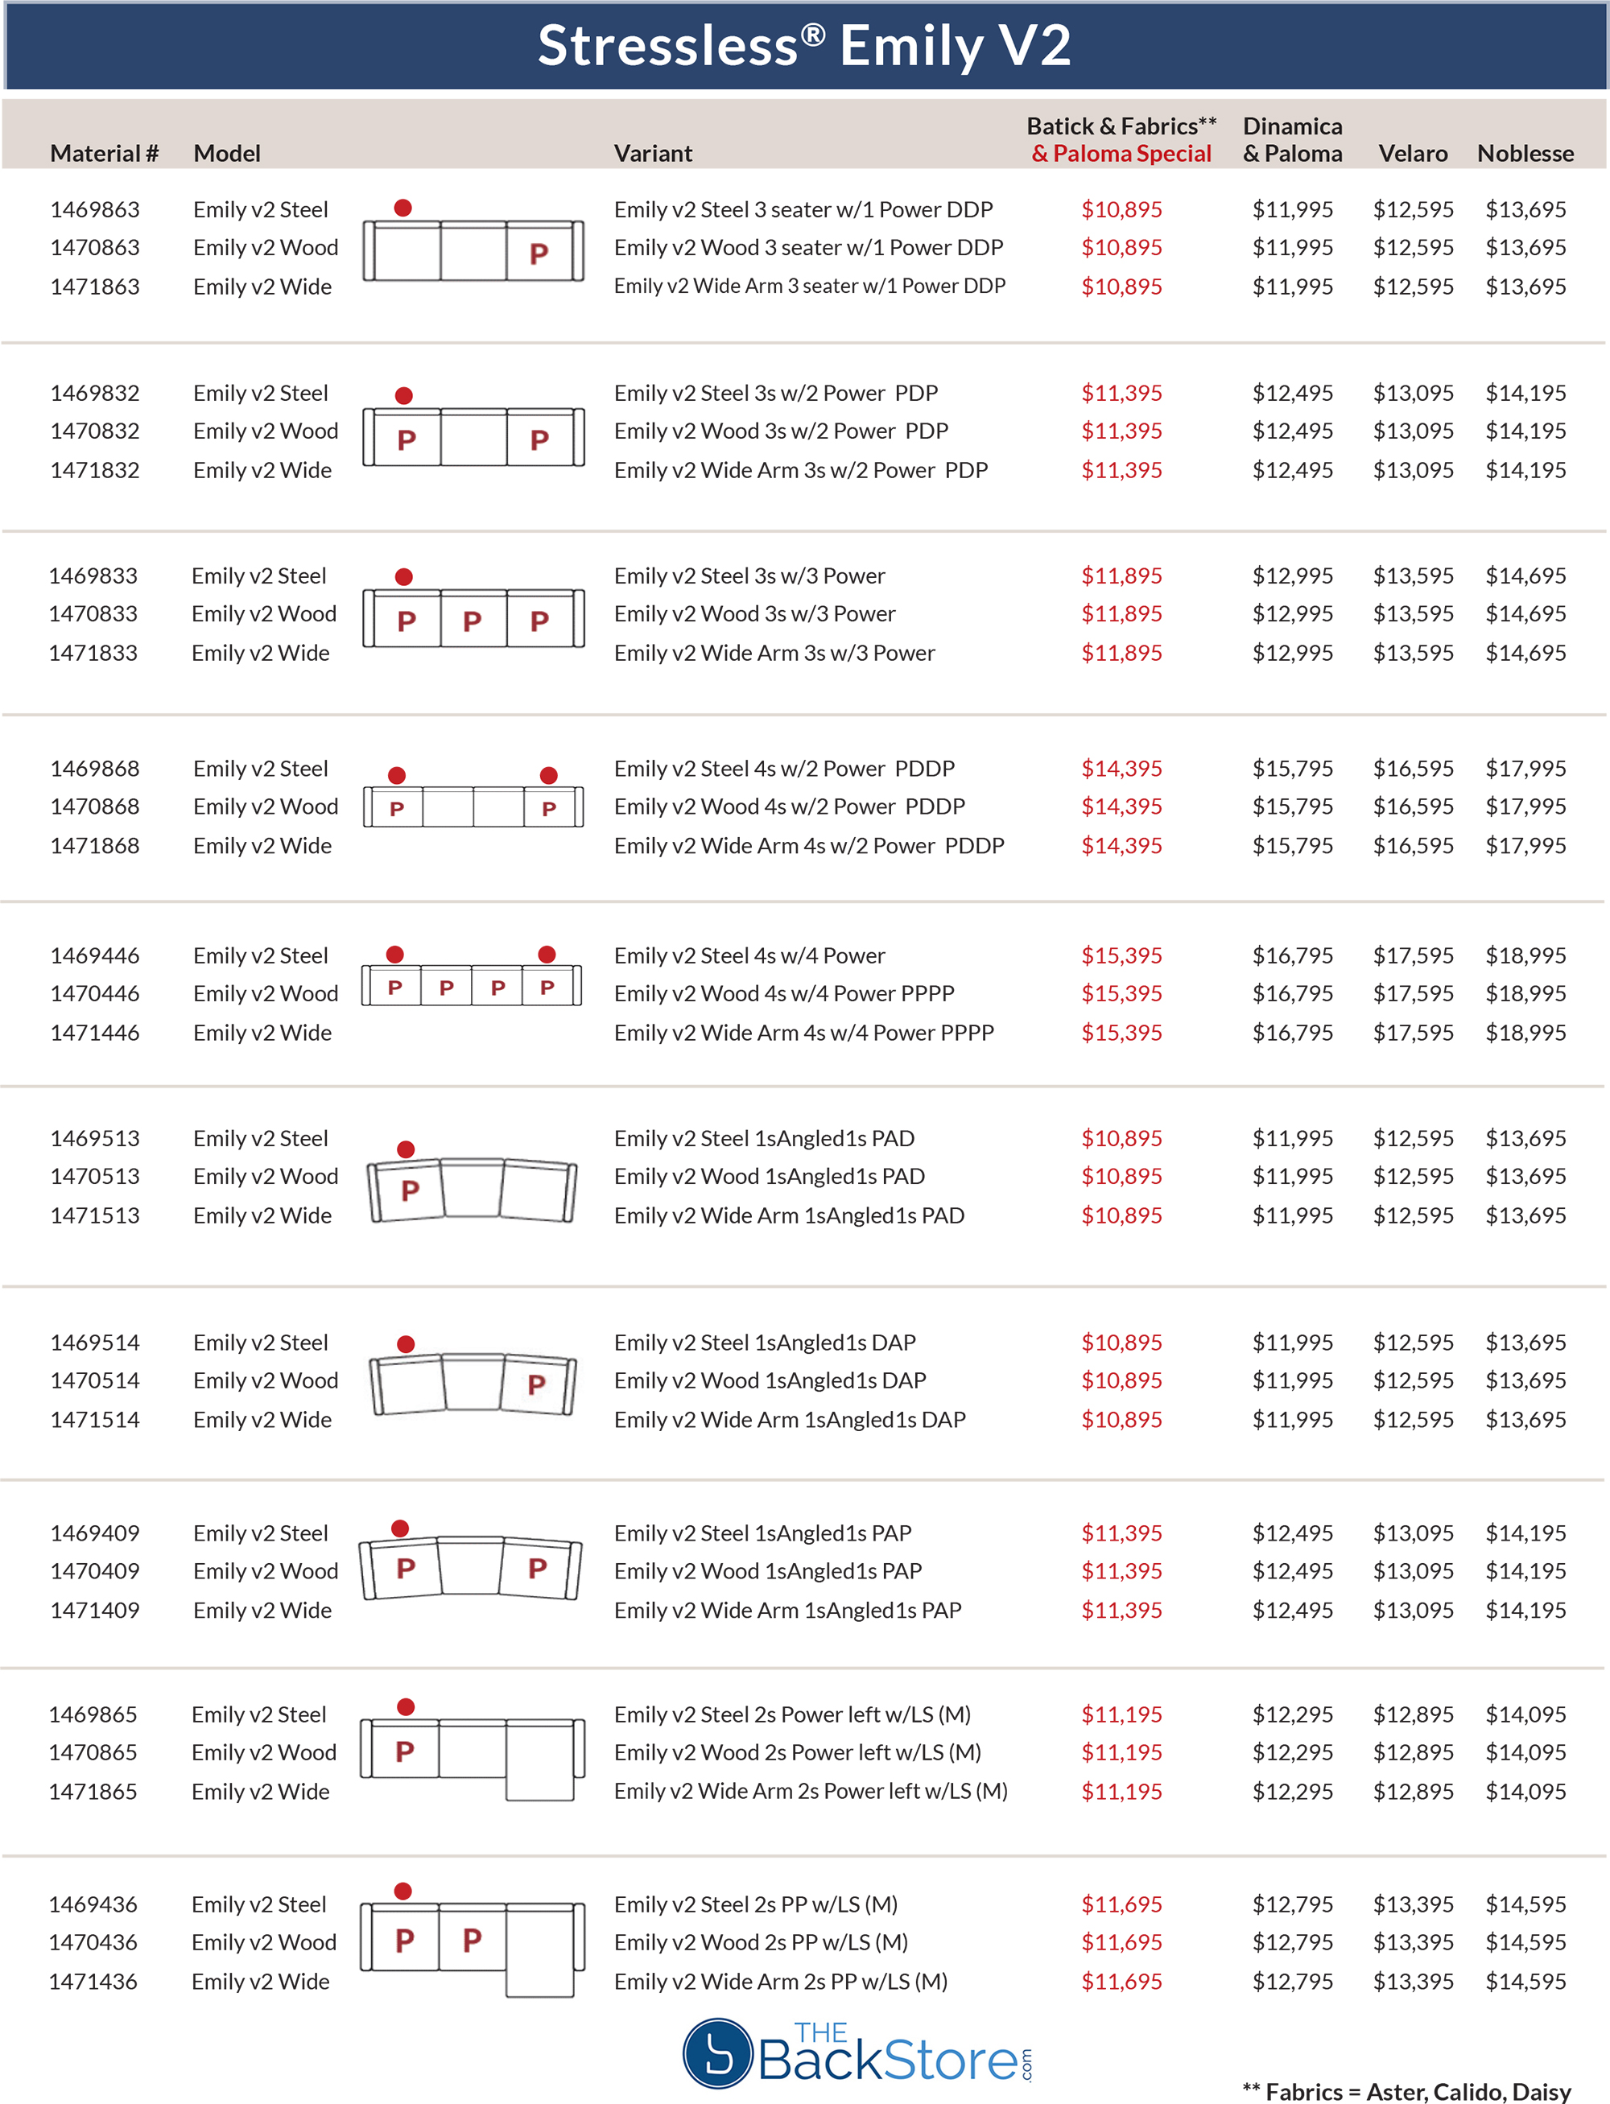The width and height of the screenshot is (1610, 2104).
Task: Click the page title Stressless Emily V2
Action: (x=804, y=46)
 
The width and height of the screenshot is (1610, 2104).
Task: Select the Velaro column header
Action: (x=1413, y=153)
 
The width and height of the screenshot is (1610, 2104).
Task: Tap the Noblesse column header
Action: (x=1525, y=153)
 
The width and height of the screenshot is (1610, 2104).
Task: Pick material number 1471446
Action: (x=95, y=1032)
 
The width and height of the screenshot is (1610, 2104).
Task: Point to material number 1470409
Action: (x=95, y=1570)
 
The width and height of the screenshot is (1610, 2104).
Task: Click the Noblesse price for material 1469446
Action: (x=1525, y=955)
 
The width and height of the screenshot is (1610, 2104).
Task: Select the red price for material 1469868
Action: (x=1121, y=769)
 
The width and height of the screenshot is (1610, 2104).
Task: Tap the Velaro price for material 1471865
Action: (x=1413, y=1791)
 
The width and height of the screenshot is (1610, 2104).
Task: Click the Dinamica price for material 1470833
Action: (x=1292, y=613)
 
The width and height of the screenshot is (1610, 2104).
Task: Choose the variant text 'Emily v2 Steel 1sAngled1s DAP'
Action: (x=765, y=1343)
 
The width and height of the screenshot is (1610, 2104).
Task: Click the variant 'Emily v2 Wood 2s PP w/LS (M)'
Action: (x=761, y=1942)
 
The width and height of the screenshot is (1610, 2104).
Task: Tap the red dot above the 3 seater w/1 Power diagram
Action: (x=403, y=208)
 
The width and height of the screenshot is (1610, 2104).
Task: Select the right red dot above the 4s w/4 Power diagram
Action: (x=547, y=955)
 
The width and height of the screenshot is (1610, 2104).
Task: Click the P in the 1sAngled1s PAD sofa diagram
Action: (x=411, y=1191)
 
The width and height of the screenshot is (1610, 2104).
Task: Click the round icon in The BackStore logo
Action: (x=716, y=2053)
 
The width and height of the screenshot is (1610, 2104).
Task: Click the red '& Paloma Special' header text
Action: (x=1121, y=153)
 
